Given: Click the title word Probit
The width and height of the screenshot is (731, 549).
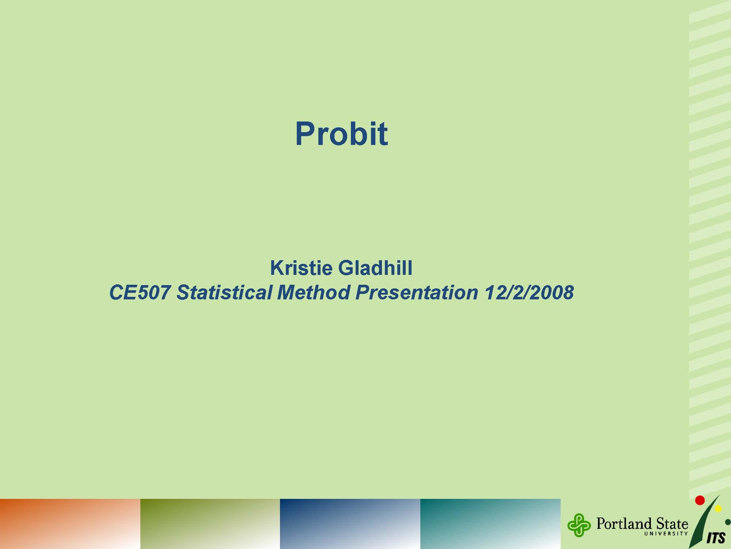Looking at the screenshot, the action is coord(341,134).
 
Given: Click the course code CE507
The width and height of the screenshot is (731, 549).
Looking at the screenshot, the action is coord(140,292).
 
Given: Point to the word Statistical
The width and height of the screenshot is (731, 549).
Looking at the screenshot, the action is coord(224,292).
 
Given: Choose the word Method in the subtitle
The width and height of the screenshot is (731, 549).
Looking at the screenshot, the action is coord(314,292).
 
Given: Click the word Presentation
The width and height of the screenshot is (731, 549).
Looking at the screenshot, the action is coord(417,292).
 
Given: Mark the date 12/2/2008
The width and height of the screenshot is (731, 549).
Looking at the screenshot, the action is coord(529,292).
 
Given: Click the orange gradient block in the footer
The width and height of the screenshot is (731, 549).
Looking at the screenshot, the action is coord(70,524).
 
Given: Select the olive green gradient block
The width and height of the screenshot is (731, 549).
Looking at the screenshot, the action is coord(210,524).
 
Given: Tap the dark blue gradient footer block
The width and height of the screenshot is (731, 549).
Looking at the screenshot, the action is coord(350,524).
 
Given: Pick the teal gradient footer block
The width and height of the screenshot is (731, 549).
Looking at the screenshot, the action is coord(490,524).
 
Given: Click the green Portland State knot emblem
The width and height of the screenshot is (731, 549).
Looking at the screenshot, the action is coord(579,525).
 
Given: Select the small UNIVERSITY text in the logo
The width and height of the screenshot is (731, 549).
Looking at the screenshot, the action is coord(666,534).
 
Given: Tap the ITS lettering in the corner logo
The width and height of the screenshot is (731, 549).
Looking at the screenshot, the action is coord(716,538).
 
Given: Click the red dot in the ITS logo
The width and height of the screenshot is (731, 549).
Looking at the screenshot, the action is coord(700,500).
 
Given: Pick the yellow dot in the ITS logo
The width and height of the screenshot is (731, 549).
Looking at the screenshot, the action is coord(718,509).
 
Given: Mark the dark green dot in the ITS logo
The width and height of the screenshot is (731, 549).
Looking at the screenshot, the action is coord(728,522).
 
